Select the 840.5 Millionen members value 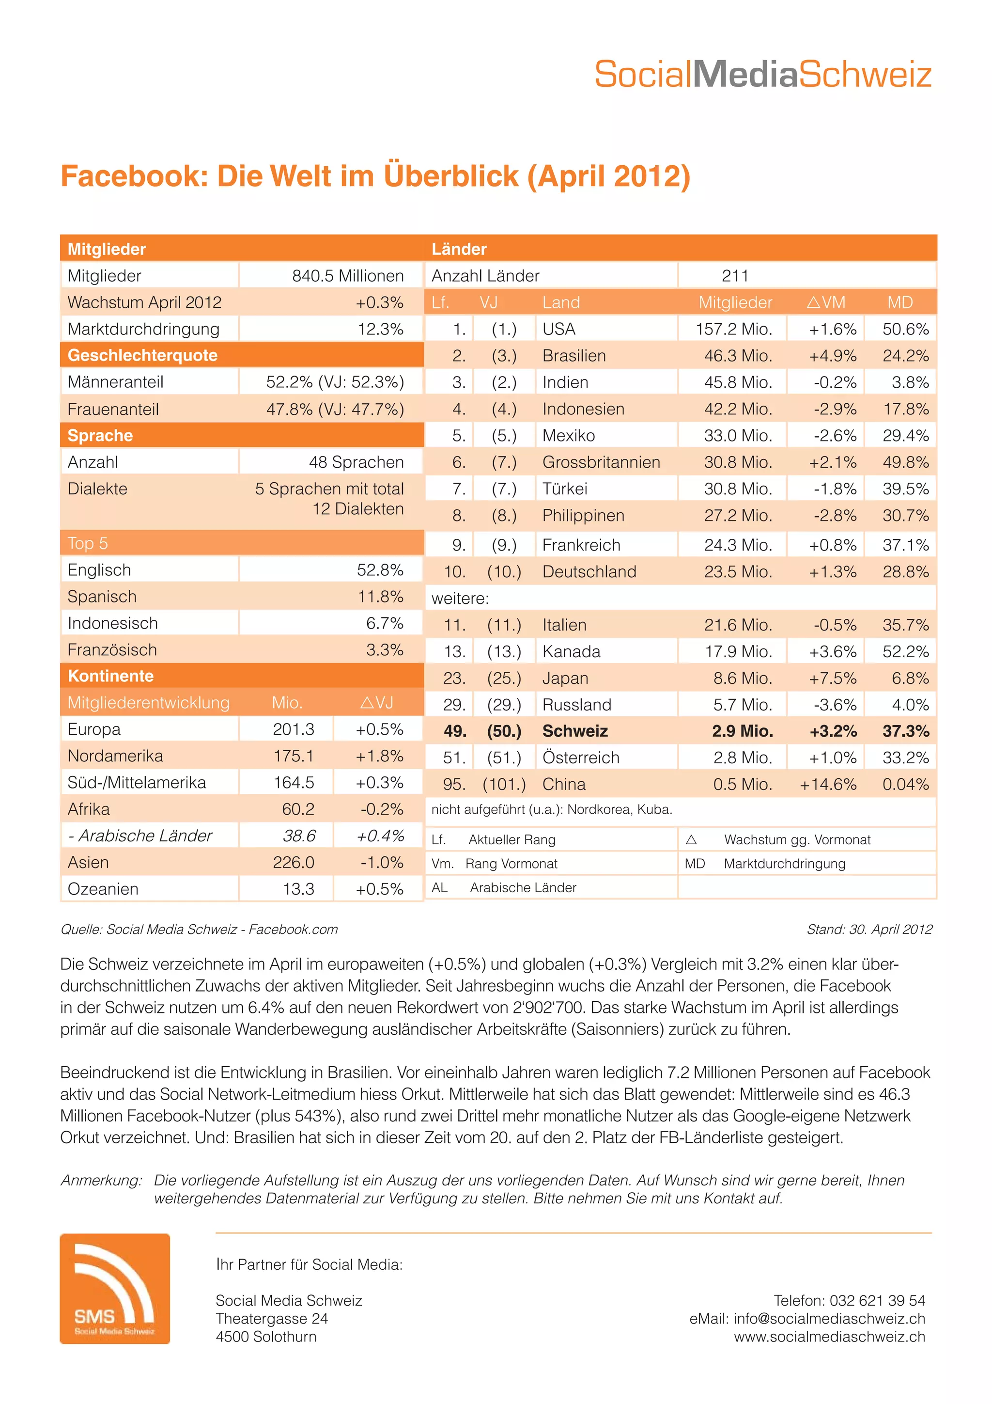point(347,276)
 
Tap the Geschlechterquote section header point(142,355)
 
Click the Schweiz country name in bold point(574,731)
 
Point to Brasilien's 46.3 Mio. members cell point(738,356)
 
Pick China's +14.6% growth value point(828,784)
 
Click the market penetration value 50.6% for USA point(905,329)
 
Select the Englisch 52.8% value point(380,570)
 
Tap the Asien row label point(89,862)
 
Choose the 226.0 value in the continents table point(294,862)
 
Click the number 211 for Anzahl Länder point(735,276)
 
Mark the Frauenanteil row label point(113,409)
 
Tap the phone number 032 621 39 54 point(877,1300)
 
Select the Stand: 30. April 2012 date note point(869,930)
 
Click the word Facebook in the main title point(130,176)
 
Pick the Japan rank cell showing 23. point(454,678)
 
